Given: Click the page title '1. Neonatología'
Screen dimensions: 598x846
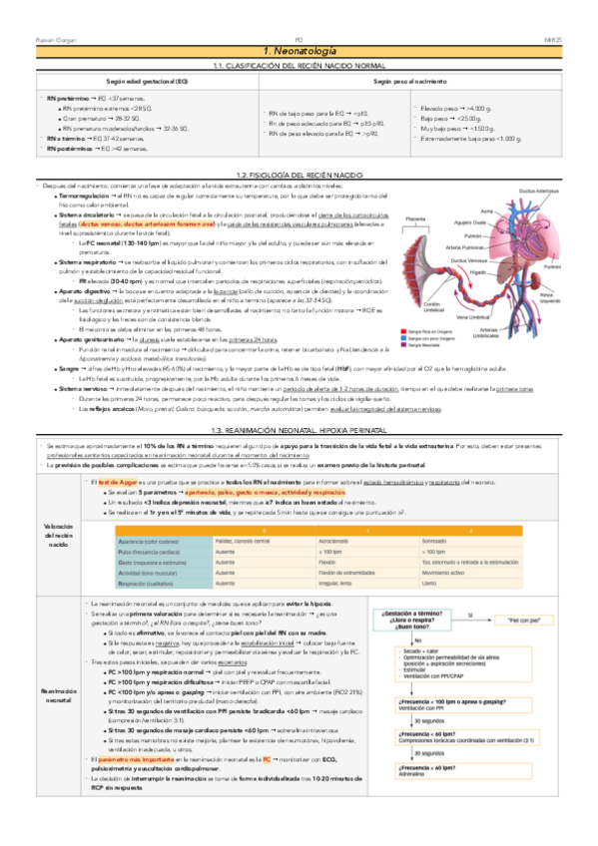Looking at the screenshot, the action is pyautogui.click(x=299, y=51).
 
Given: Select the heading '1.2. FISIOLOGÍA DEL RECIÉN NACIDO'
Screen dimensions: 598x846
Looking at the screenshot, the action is pyautogui.click(x=299, y=176).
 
